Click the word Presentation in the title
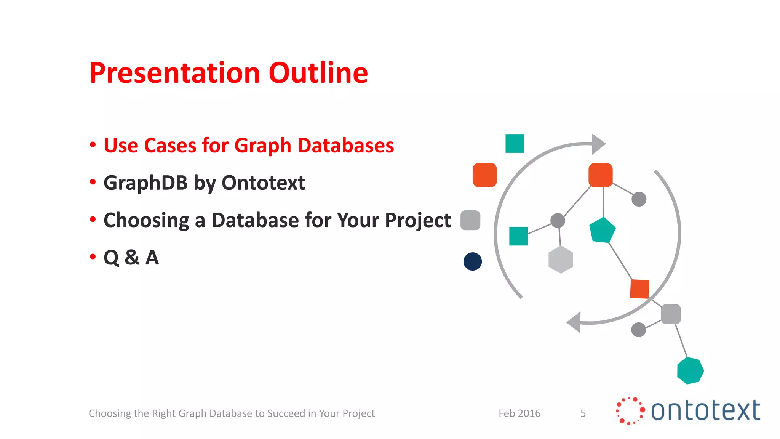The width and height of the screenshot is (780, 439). click(x=175, y=73)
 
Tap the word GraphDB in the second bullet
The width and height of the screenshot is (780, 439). click(x=145, y=183)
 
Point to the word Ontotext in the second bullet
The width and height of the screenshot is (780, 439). click(x=263, y=183)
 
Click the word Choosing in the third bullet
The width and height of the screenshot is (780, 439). click(x=146, y=220)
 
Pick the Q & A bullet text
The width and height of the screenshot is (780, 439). click(x=131, y=258)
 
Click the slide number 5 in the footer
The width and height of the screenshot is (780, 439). click(x=583, y=413)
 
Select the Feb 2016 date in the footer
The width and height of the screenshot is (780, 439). click(x=519, y=413)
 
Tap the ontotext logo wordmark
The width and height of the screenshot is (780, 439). click(x=705, y=411)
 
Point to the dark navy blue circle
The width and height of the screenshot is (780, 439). click(x=473, y=261)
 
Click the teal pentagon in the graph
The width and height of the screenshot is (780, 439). click(x=602, y=230)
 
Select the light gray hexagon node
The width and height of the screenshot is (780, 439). click(x=561, y=260)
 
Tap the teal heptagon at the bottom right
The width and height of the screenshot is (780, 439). click(x=690, y=370)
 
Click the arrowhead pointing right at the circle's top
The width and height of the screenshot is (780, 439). click(x=598, y=144)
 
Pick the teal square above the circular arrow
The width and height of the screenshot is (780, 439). click(x=515, y=143)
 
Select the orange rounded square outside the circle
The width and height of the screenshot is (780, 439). click(x=484, y=175)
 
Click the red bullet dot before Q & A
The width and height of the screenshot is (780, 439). click(x=93, y=257)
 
